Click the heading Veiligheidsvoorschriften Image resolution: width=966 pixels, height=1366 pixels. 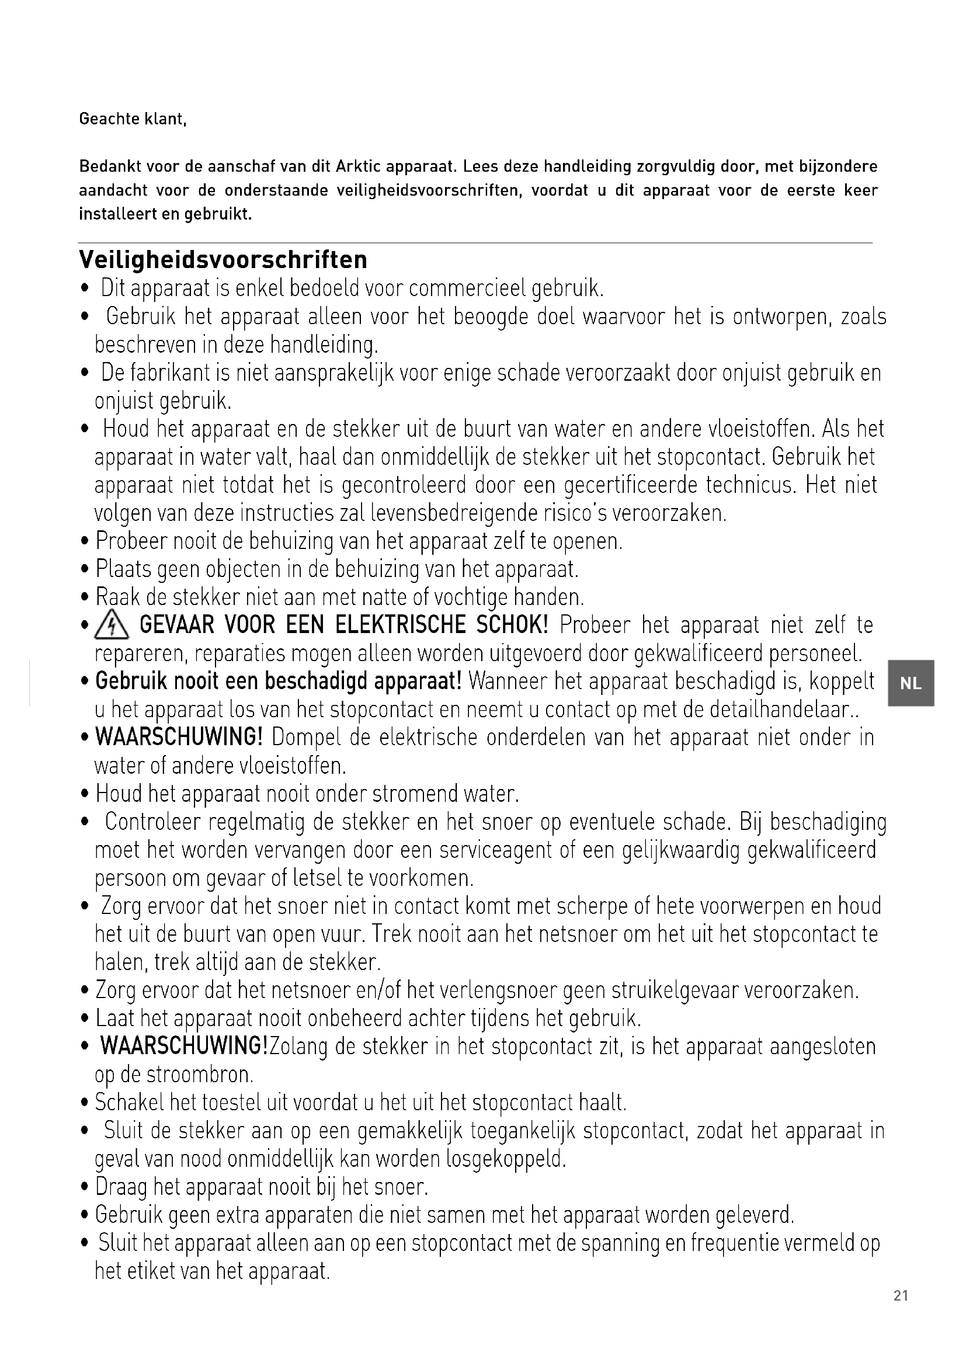(223, 260)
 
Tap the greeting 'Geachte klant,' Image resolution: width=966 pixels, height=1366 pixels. (133, 119)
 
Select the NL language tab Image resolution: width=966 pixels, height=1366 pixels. (911, 683)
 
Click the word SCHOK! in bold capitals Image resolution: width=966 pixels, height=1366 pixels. (512, 625)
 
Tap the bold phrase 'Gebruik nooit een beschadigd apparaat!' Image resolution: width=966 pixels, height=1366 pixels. (279, 681)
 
